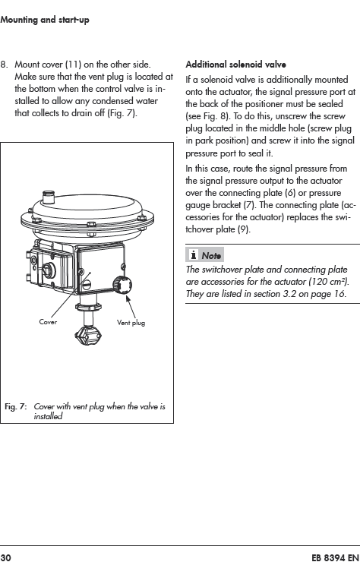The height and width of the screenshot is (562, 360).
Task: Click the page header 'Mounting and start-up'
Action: coord(45,20)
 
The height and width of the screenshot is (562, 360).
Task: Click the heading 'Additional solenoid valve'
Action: coord(235,65)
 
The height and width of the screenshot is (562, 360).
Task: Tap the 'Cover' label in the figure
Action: coord(48,322)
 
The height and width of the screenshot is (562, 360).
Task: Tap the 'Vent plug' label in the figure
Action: coord(131,323)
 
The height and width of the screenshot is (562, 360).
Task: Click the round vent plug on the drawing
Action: coord(122,286)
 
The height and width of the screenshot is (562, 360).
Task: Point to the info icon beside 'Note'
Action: coord(193,255)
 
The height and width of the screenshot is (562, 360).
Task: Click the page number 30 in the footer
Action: coord(6,557)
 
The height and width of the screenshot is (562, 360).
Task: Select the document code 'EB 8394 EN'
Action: coord(335,557)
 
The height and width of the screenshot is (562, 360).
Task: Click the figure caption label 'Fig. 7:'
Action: coord(15,407)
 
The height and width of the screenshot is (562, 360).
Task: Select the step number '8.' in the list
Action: coord(4,65)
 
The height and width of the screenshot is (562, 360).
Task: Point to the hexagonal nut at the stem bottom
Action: coord(88,336)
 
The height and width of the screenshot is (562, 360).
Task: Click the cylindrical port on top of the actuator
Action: coord(49,197)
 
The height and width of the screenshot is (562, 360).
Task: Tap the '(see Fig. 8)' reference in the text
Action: coord(206,116)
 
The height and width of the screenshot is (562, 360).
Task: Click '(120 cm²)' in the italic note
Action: coord(329,282)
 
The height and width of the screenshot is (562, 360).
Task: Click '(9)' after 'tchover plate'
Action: coord(244,229)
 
